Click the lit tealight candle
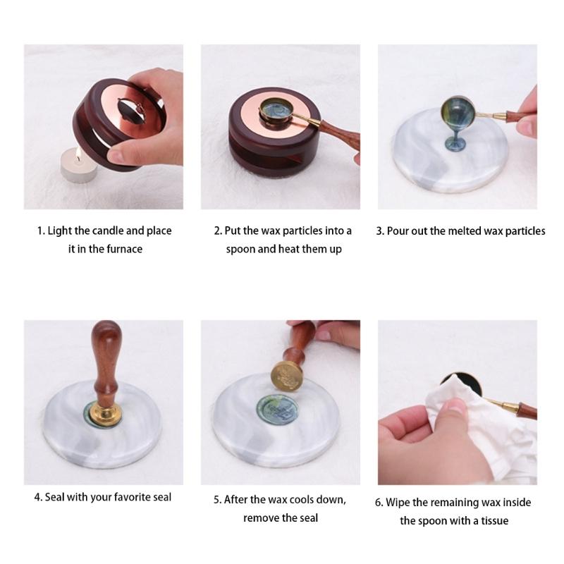click(78, 166)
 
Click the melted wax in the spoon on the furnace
click(276, 109)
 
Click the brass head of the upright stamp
click(105, 413)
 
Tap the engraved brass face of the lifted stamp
click(287, 376)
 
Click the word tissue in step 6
click(495, 520)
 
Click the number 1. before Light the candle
click(41, 231)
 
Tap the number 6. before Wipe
click(379, 502)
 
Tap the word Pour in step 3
click(398, 231)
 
